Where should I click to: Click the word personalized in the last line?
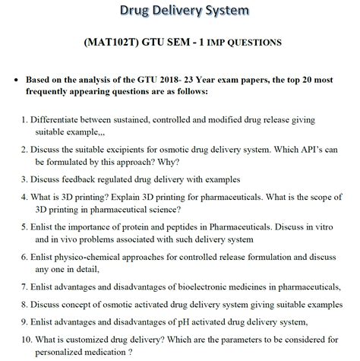click(x=65, y=352)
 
